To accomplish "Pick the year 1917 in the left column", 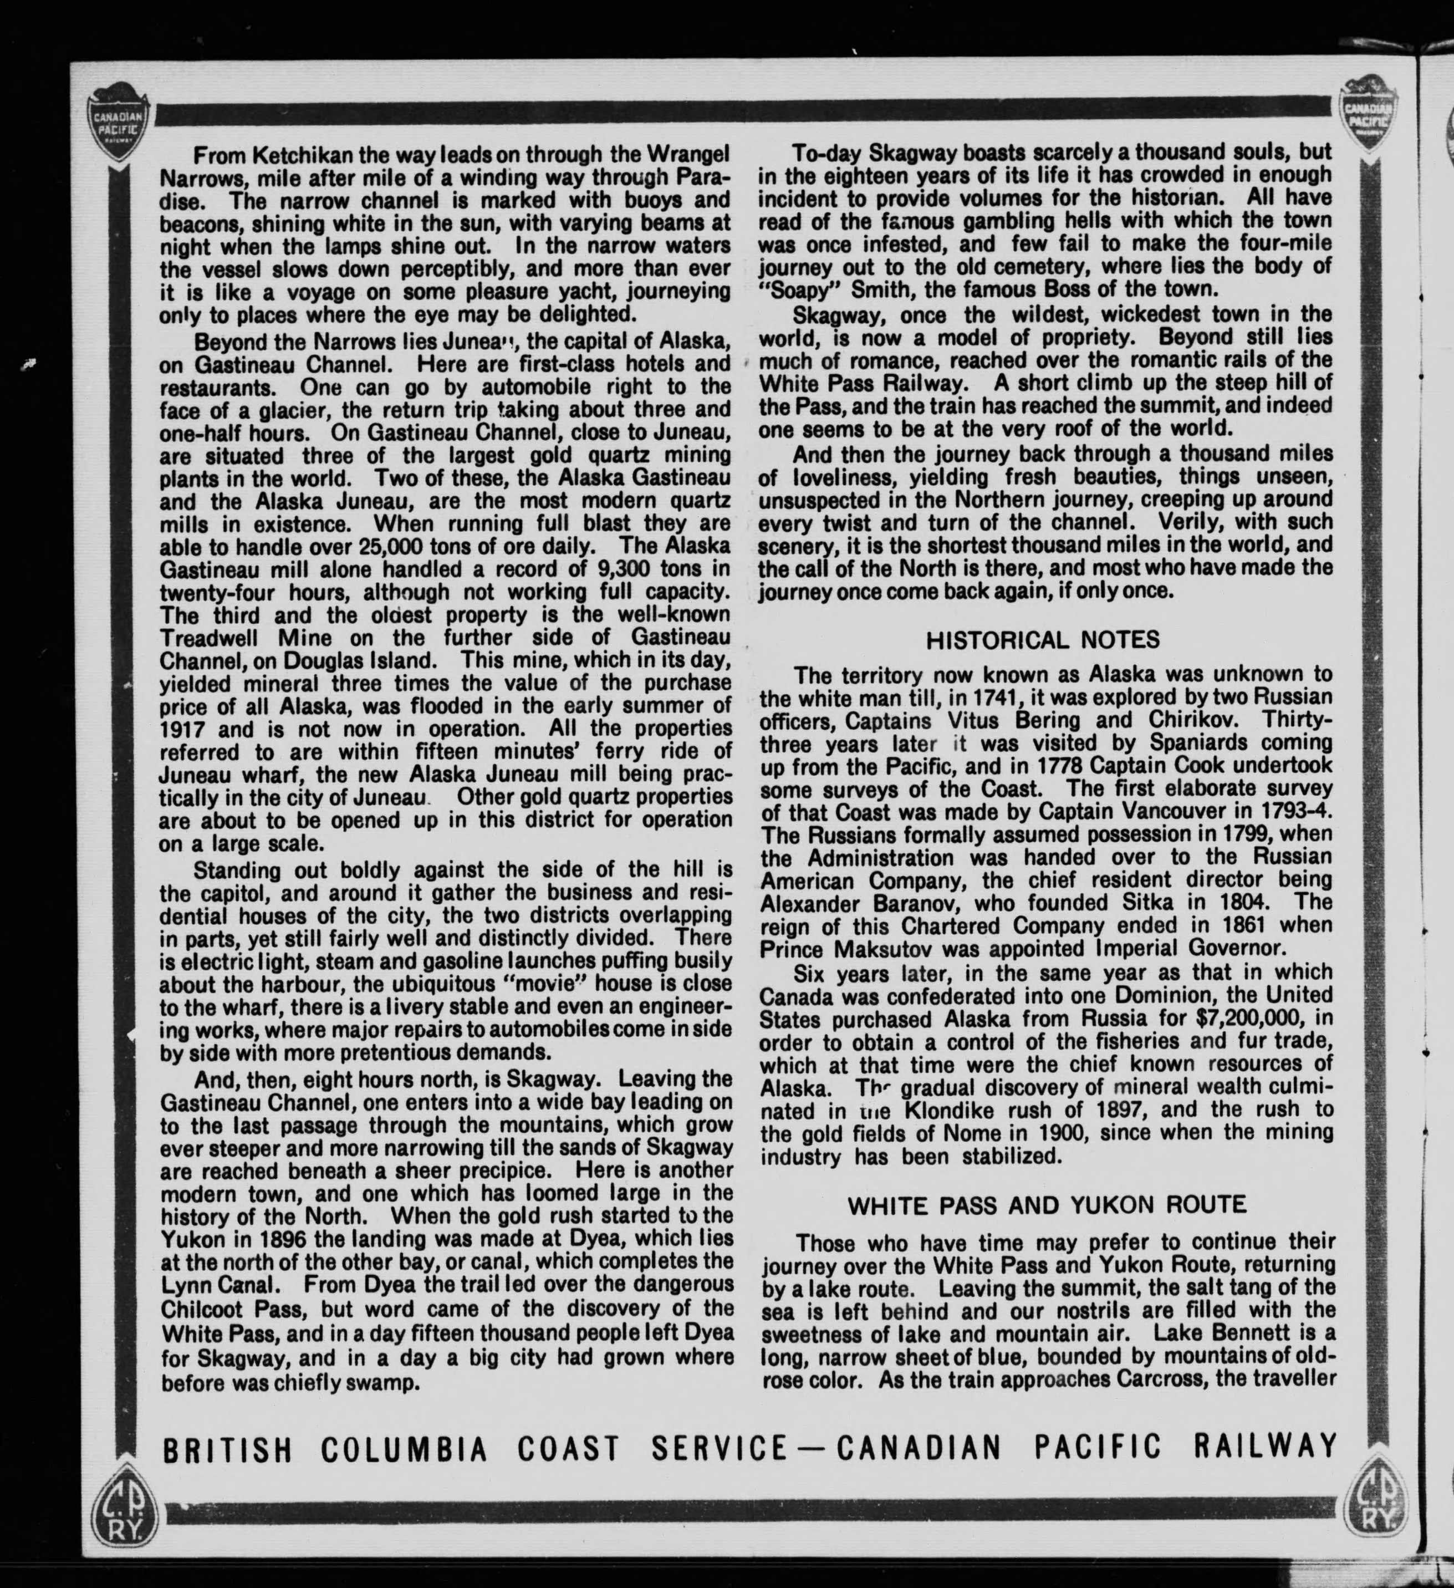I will [x=185, y=729].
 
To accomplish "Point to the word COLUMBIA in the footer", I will [x=404, y=1448].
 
